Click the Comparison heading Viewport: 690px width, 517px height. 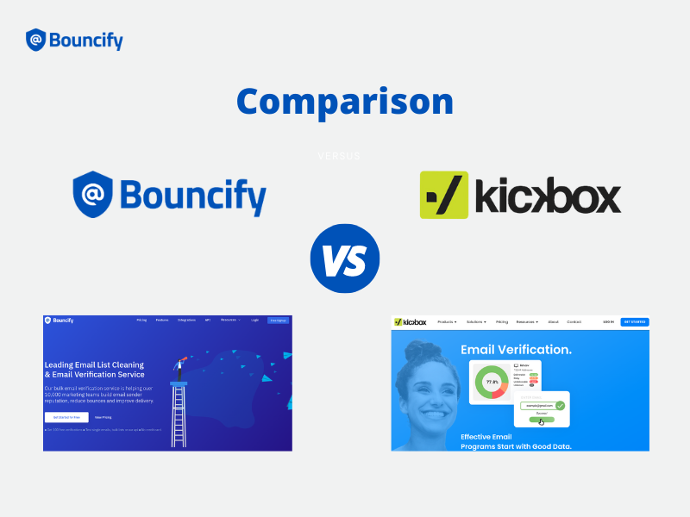pos(345,102)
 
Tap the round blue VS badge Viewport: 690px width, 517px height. pos(345,258)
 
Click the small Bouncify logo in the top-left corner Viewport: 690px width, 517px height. pos(74,40)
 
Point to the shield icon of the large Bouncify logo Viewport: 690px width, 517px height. pos(93,193)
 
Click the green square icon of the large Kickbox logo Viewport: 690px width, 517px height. pos(444,195)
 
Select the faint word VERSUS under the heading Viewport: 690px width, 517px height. pos(339,157)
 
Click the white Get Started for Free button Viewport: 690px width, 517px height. pos(66,417)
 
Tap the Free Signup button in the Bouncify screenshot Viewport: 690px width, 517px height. pos(278,320)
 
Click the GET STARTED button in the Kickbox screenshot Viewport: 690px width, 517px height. pos(635,322)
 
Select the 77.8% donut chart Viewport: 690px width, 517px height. pos(492,381)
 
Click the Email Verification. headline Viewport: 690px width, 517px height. pos(516,350)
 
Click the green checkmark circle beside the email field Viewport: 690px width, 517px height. pos(560,404)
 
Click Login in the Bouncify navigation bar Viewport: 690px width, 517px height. pos(254,320)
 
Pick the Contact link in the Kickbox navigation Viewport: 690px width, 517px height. pos(574,322)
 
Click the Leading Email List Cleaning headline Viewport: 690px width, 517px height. pos(95,370)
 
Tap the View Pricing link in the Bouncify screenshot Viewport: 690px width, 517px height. pos(103,417)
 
